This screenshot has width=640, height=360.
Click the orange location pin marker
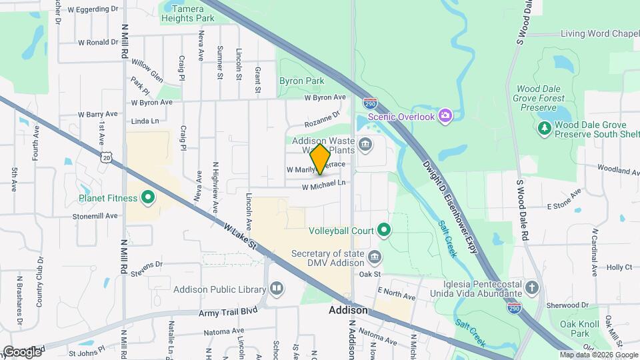[x=321, y=159]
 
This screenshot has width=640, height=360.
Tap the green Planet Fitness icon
[x=147, y=197]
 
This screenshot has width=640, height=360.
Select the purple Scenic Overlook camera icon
[x=445, y=117]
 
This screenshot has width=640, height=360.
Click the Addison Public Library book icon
[x=277, y=289]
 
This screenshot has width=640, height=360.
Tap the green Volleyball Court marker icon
[x=383, y=231]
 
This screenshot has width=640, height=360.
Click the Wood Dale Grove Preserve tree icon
[x=545, y=127]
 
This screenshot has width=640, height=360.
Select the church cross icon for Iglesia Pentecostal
[x=531, y=288]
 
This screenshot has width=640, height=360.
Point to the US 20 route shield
[x=107, y=156]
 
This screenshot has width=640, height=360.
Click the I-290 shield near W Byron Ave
[x=371, y=103]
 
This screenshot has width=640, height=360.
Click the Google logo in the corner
[x=21, y=351]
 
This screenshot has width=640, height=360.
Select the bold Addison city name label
[x=348, y=311]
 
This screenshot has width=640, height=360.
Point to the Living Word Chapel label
[x=600, y=33]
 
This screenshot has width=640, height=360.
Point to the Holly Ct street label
[x=619, y=267]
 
